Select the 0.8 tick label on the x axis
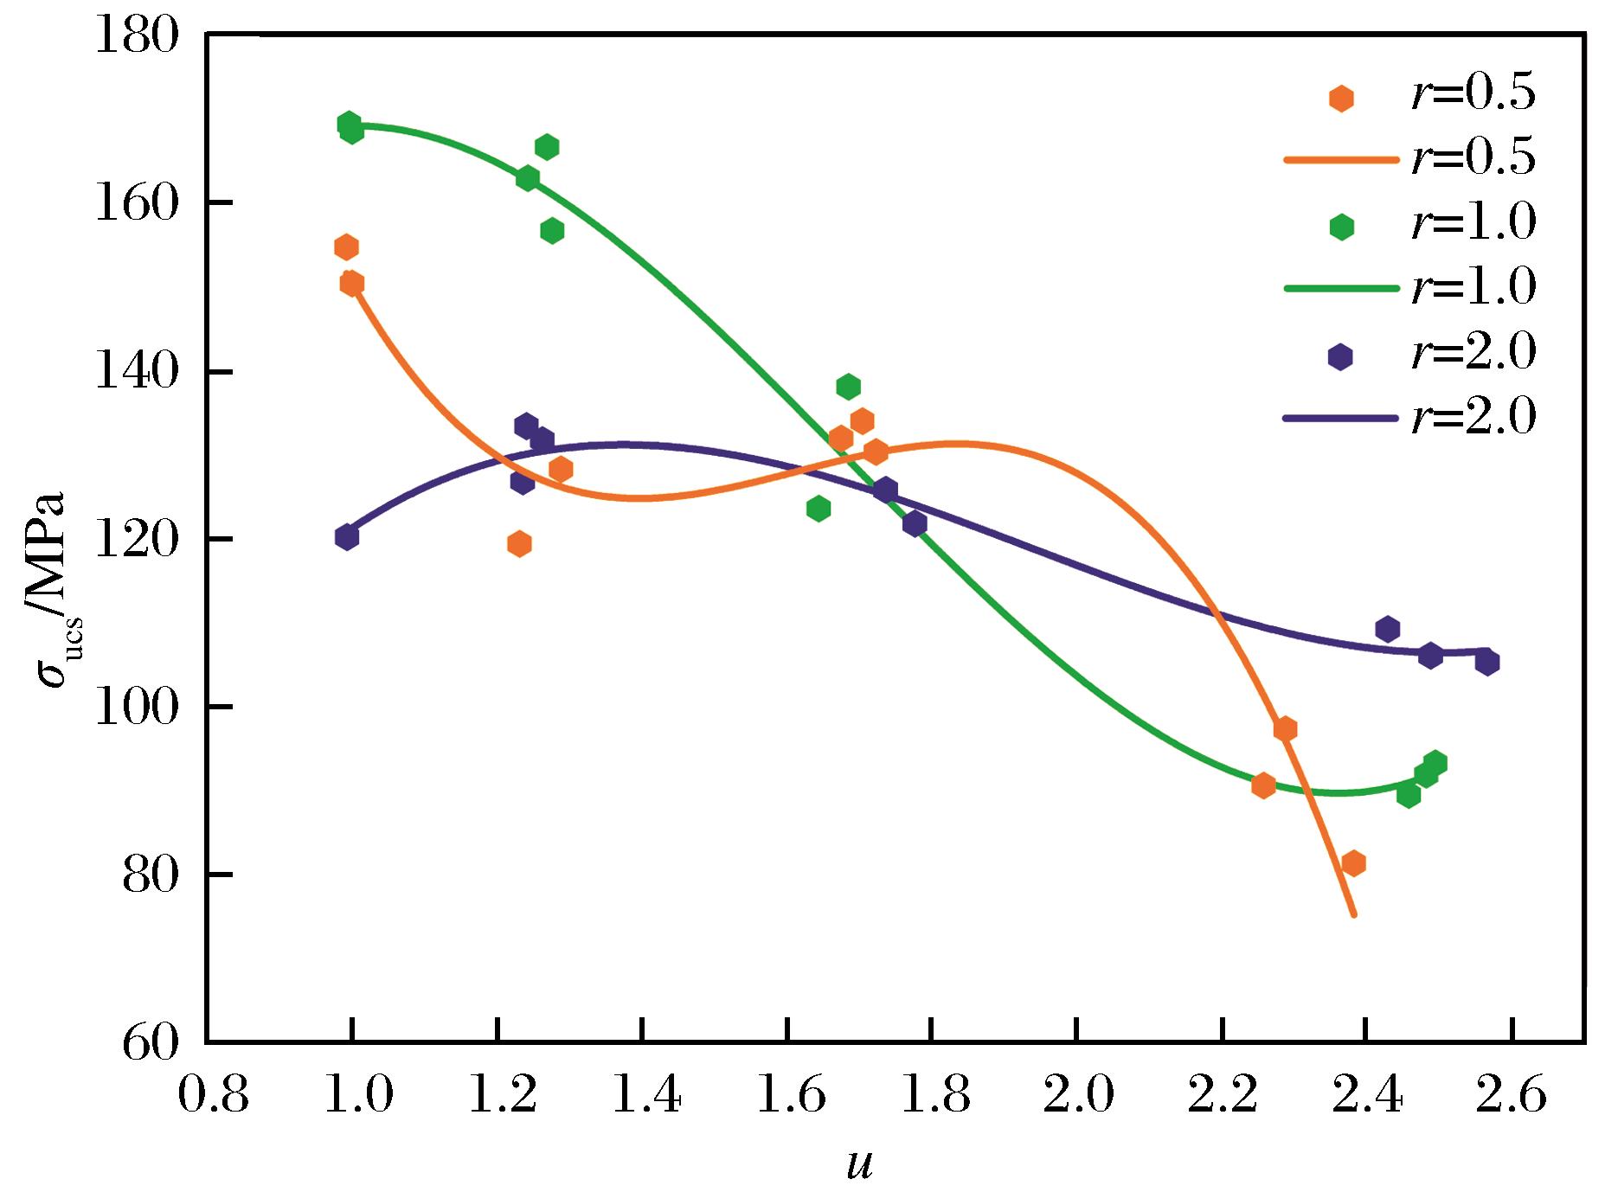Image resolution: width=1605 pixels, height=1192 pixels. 213,1096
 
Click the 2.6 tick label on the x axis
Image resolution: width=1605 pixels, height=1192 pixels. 1510,1096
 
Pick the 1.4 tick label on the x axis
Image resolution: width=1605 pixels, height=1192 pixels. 644,1096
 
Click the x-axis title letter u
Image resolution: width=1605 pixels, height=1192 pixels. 858,1163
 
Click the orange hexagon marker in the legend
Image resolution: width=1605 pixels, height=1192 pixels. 1341,98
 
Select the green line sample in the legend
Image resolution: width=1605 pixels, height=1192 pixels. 1340,288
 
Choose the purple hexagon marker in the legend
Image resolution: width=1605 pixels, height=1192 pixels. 1340,356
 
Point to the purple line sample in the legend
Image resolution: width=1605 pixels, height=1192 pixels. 1340,419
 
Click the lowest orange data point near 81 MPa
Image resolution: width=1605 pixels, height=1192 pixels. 1353,862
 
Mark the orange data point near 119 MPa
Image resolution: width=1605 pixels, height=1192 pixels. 519,544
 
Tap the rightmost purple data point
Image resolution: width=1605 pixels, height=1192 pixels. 1487,663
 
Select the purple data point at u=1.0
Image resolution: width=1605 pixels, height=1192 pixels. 347,537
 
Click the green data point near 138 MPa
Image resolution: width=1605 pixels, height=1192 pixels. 849,386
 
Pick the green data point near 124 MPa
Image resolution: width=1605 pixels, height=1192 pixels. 819,508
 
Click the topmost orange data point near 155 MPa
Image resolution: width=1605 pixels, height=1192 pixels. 346,247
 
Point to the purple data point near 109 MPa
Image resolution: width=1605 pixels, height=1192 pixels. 1388,629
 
